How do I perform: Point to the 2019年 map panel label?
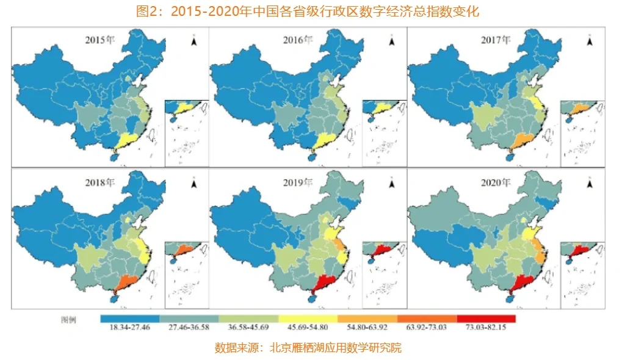tap(298, 182)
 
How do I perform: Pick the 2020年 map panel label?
tap(496, 182)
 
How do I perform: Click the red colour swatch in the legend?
tap(486, 319)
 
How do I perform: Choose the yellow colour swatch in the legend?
tap(308, 319)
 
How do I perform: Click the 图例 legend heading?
tap(68, 319)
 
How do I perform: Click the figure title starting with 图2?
tap(311, 12)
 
